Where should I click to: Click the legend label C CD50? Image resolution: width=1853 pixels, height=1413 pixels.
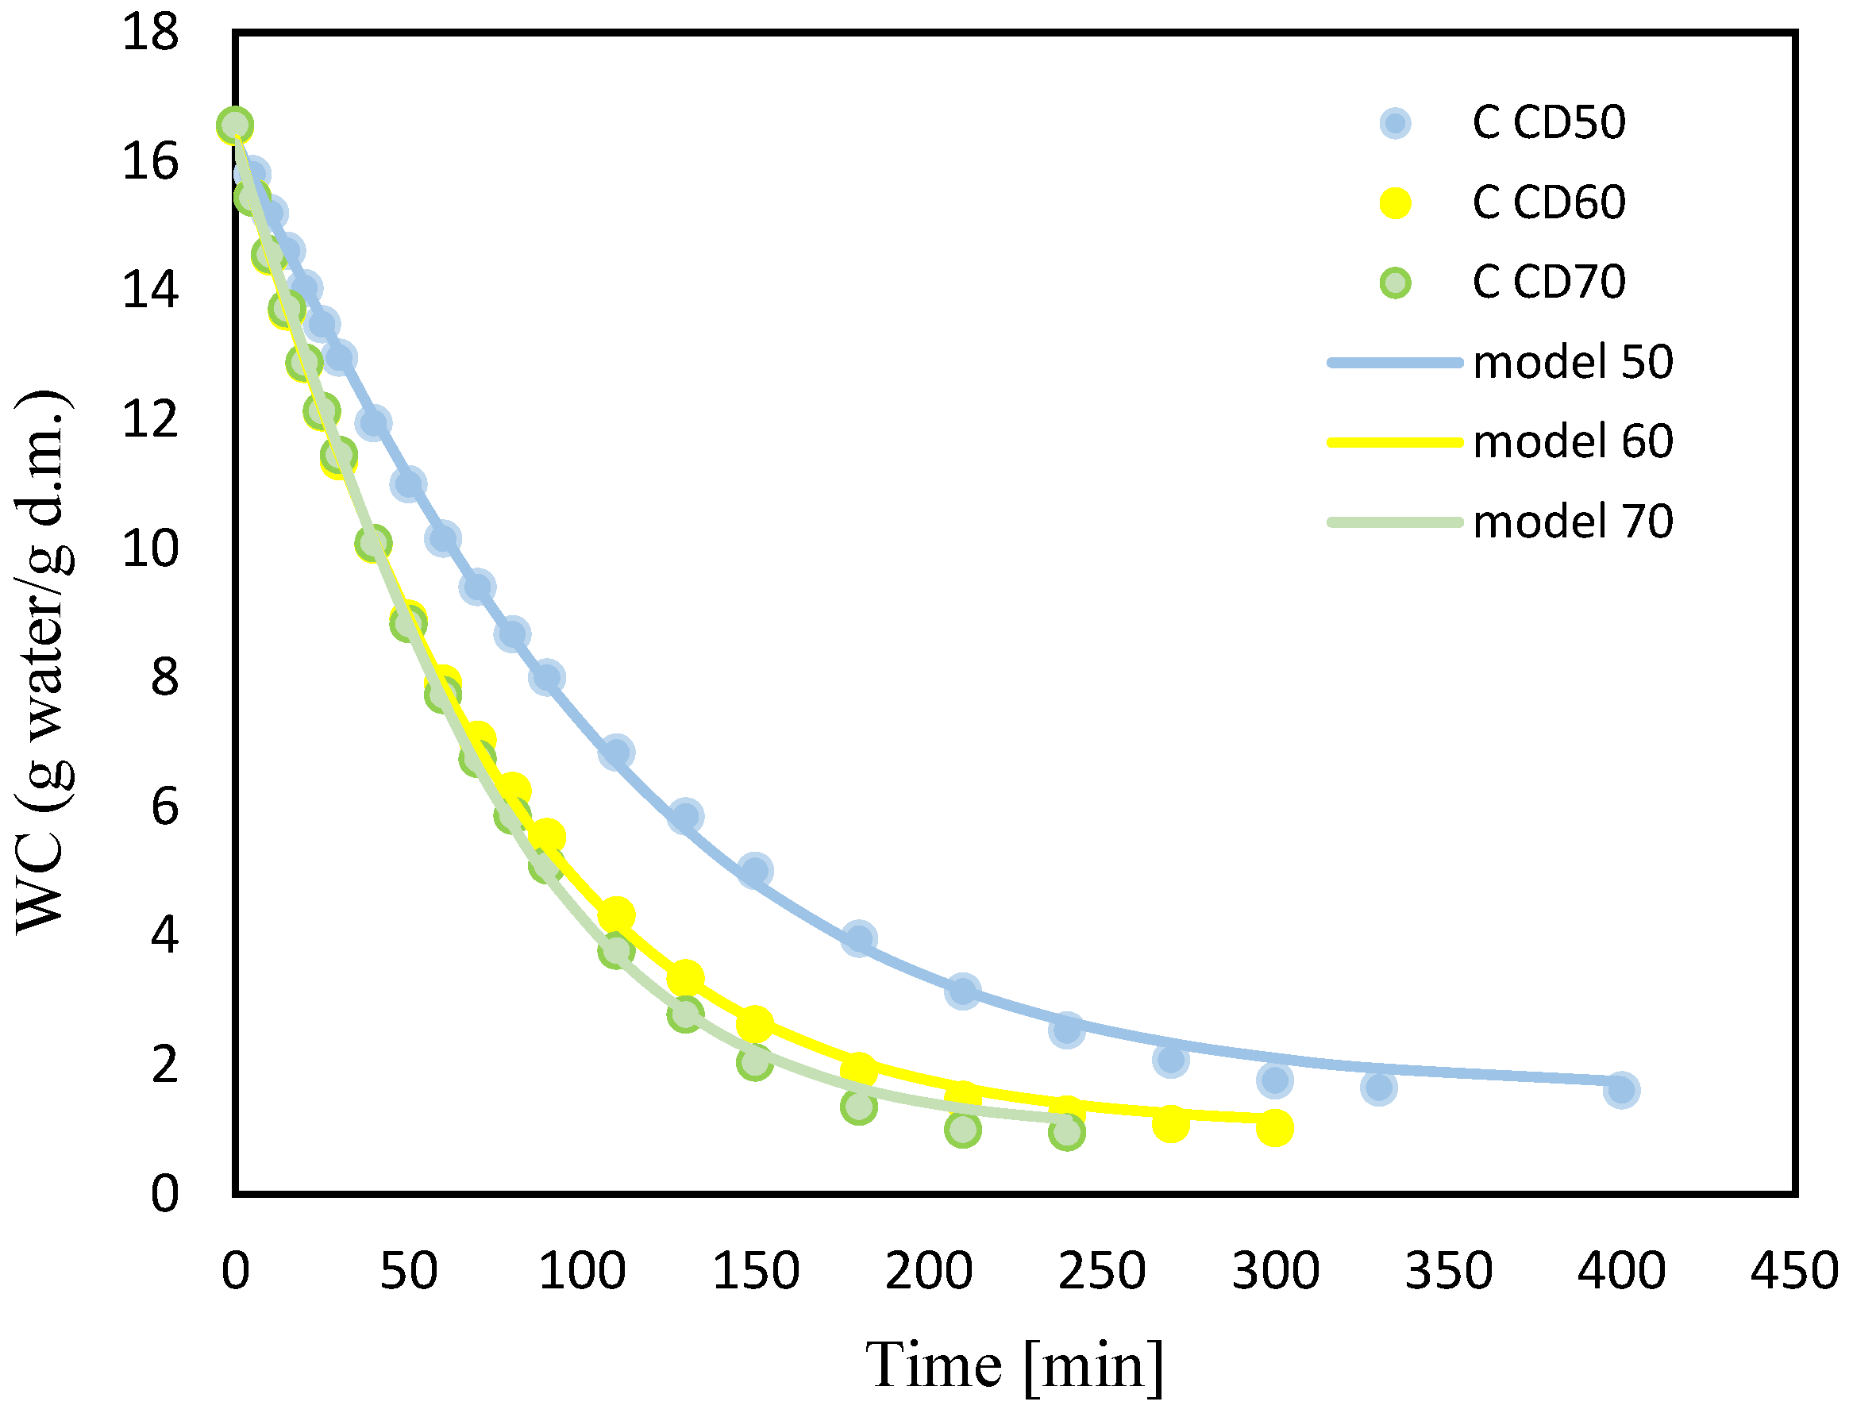[x=1547, y=123]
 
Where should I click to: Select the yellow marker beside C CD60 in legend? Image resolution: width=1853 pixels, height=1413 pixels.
[x=1395, y=202]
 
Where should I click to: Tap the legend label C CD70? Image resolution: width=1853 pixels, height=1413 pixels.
[x=1547, y=282]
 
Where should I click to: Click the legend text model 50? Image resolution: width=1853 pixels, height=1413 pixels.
[x=1573, y=362]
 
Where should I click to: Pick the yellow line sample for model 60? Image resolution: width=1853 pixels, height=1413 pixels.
[x=1395, y=441]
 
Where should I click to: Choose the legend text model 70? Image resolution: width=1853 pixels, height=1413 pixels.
[x=1573, y=522]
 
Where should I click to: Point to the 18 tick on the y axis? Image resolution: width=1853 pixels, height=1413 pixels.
[x=151, y=33]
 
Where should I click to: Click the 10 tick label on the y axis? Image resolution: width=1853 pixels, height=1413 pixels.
[x=151, y=549]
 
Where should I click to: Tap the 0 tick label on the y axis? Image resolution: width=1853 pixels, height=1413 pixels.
[x=165, y=1193]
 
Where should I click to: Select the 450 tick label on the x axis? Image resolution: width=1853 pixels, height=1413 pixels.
[x=1794, y=1272]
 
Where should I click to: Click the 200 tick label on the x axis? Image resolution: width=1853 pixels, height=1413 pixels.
[x=928, y=1272]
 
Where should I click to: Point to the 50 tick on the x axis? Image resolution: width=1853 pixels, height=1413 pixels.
[x=408, y=1272]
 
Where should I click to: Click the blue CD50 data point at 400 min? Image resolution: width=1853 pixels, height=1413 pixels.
[x=1621, y=1091]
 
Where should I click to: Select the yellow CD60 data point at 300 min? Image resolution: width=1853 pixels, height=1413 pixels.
[x=1274, y=1128]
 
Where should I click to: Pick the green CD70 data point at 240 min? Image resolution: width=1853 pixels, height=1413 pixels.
[x=1066, y=1132]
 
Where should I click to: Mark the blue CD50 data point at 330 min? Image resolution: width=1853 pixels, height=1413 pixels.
[x=1378, y=1088]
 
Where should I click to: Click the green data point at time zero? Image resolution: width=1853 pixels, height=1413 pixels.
[x=235, y=125]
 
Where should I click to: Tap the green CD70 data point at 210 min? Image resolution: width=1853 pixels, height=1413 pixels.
[x=962, y=1130]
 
